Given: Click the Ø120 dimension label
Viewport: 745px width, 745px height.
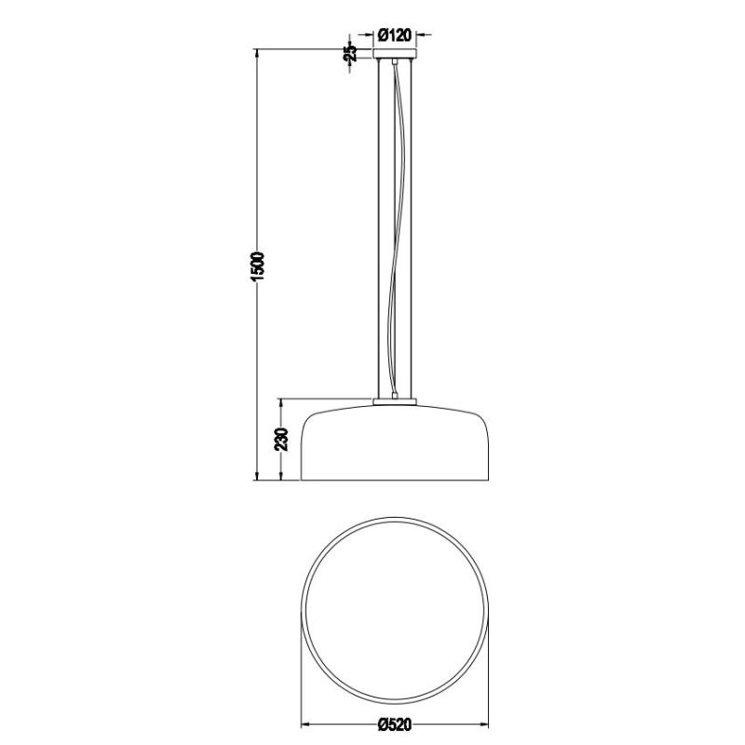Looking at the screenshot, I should point(396,35).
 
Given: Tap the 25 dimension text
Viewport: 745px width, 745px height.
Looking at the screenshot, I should point(350,52).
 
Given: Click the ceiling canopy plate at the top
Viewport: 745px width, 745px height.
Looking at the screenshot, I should point(395,57).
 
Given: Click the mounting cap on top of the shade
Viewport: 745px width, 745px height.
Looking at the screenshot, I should point(395,401).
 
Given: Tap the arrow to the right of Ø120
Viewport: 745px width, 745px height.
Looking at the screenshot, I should point(420,35).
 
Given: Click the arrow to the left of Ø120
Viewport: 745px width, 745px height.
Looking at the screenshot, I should point(371,35).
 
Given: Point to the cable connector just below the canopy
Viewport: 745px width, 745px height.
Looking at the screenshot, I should point(395,64).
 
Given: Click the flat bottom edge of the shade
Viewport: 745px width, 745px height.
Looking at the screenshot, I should point(395,481).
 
